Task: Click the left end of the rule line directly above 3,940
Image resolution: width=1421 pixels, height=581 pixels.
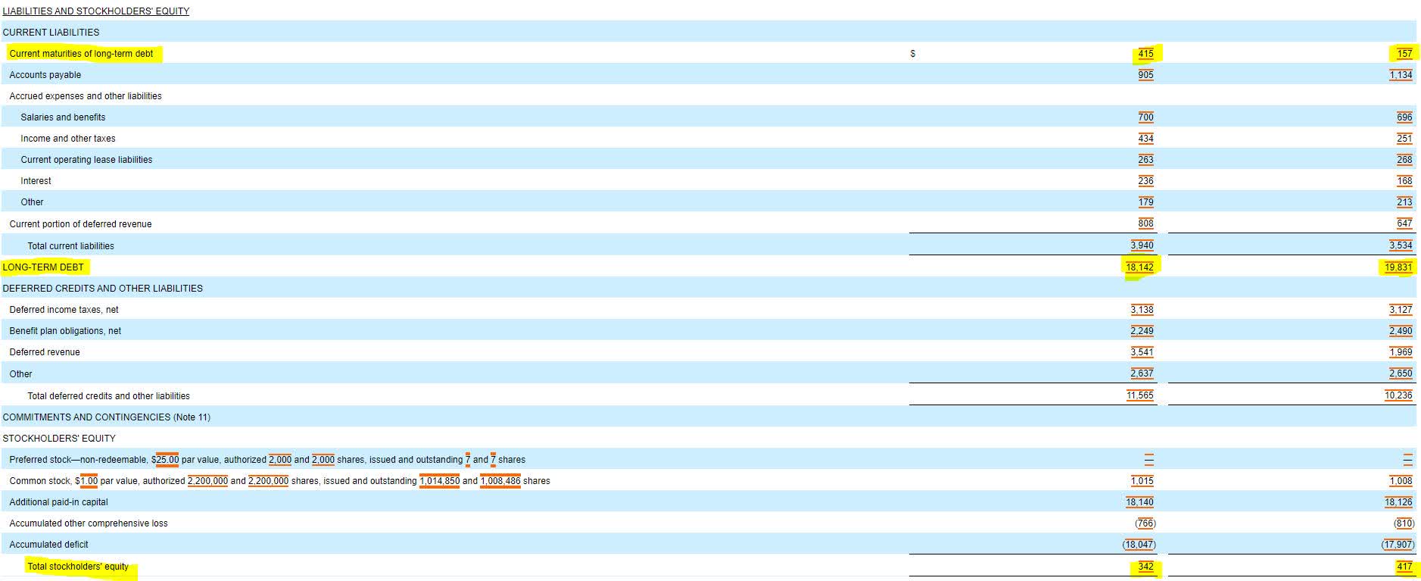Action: pos(910,233)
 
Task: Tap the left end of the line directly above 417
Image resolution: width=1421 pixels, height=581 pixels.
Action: pos(1168,554)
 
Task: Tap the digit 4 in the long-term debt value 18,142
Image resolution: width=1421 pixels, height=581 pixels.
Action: pos(1147,267)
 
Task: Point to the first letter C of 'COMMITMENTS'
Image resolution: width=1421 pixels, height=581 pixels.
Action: pos(6,417)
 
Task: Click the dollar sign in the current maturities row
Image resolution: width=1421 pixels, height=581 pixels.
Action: pos(913,54)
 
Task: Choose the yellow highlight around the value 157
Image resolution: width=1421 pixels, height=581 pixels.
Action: pos(1405,54)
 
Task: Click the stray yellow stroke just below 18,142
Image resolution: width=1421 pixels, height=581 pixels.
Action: pos(1134,277)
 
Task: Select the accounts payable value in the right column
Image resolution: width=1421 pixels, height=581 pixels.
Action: pos(1401,75)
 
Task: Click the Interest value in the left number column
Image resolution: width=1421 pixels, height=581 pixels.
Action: pos(1146,181)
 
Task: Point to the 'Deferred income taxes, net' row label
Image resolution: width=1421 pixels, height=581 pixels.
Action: pos(64,310)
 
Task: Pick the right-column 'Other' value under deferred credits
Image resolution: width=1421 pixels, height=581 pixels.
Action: pos(1401,373)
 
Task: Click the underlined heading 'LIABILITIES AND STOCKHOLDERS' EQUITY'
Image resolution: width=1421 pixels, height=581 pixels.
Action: pos(96,11)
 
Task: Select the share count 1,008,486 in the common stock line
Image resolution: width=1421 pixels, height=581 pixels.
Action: pos(500,481)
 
